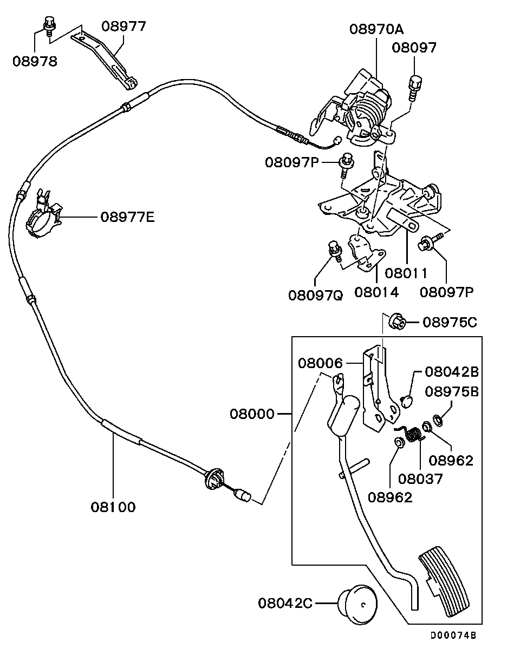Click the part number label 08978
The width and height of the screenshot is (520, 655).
click(x=35, y=61)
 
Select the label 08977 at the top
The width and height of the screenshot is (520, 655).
click(x=124, y=26)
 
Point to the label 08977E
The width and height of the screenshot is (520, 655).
click(x=127, y=217)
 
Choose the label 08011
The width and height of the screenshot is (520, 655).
click(x=406, y=273)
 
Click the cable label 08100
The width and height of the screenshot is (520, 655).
click(x=113, y=507)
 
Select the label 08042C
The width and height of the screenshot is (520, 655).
click(x=285, y=602)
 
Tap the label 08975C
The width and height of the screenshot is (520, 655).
click(x=450, y=323)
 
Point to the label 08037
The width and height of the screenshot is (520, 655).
click(x=420, y=479)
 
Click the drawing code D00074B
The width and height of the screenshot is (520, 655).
click(x=453, y=636)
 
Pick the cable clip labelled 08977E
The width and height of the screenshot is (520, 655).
click(x=43, y=216)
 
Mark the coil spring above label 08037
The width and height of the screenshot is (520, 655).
click(x=414, y=434)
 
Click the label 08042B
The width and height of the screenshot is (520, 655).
click(x=451, y=372)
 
